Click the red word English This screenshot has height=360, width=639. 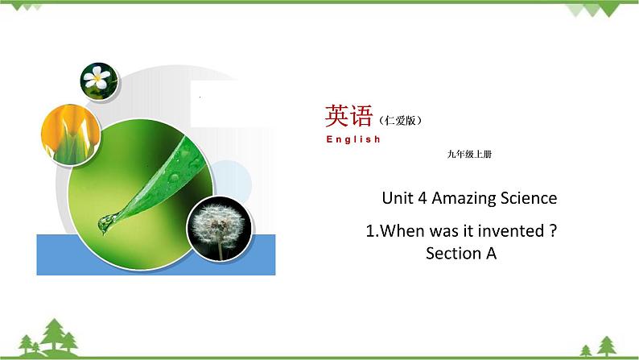click(x=353, y=139)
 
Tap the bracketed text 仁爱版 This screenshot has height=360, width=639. click(x=399, y=121)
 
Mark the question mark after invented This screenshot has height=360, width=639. click(x=553, y=231)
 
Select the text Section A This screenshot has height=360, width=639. click(x=461, y=253)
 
